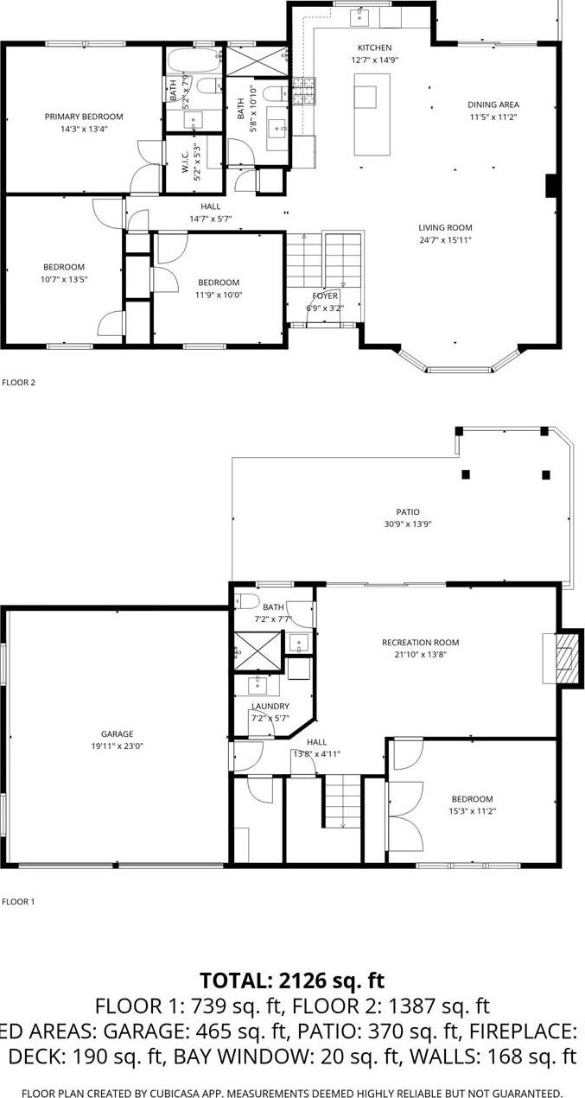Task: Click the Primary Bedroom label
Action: point(84,117)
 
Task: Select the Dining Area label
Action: point(493,105)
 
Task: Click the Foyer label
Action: point(325,296)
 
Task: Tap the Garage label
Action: point(117,734)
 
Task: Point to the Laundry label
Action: point(270,707)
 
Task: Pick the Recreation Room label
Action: point(420,643)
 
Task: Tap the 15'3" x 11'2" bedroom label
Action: point(471,799)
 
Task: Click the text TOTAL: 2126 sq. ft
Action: point(292,981)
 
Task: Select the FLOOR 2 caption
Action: point(18,381)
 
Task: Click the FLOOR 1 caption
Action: point(18,902)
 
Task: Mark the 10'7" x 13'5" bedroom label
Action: point(65,267)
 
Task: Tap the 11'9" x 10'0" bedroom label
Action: point(219,282)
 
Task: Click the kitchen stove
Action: point(304,91)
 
